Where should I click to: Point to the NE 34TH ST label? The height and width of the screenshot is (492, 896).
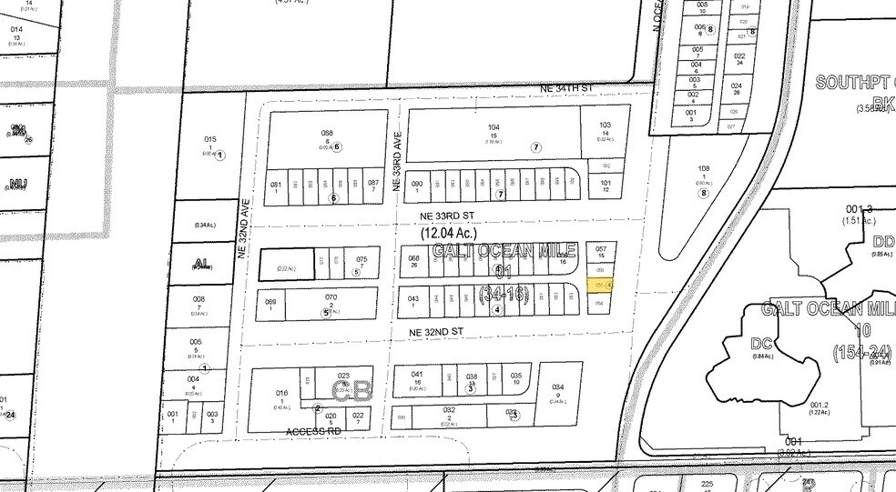567,87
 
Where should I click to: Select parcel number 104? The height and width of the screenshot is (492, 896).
494,127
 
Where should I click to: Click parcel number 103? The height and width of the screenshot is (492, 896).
606,125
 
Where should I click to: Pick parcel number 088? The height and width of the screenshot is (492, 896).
327,132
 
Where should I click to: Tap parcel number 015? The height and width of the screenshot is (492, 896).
210,139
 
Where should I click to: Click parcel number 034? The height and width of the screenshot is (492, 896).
558,386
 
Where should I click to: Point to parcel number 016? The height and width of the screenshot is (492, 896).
281,393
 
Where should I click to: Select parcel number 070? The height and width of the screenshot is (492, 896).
331,297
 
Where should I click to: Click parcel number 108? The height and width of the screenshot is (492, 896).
703,169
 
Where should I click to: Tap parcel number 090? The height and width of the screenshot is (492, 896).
418,184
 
